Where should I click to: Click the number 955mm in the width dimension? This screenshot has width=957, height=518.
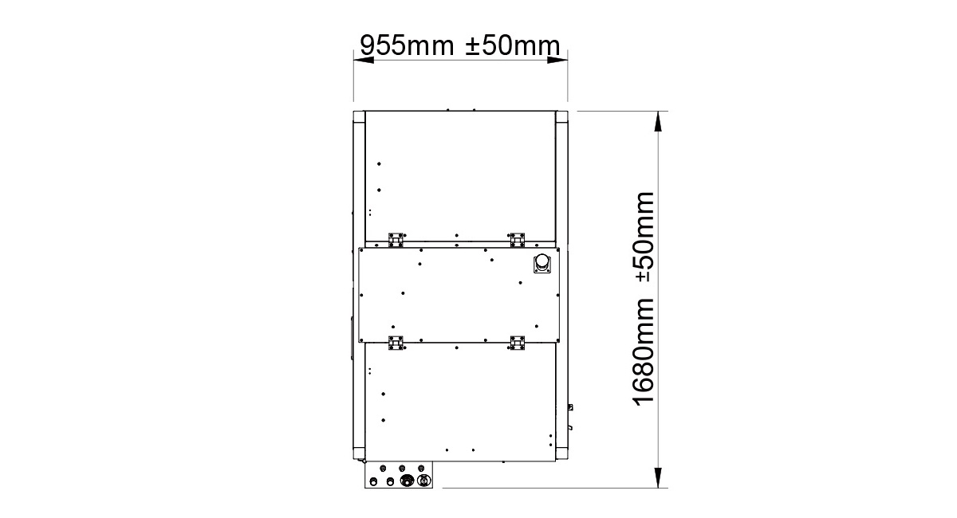coord(407,45)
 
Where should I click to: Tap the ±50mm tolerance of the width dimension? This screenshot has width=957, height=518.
coord(513,45)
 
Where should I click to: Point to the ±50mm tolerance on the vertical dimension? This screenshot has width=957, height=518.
coord(643,237)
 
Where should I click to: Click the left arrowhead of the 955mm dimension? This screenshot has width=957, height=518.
coord(364,60)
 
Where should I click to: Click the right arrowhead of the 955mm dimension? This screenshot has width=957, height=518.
coord(557,60)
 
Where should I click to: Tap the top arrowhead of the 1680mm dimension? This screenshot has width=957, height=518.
coord(659,121)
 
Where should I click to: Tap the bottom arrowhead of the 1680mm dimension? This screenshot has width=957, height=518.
coord(659,477)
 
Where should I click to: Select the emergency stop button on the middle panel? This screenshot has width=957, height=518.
coord(542,264)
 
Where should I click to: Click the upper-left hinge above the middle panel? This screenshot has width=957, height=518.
coord(396,240)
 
